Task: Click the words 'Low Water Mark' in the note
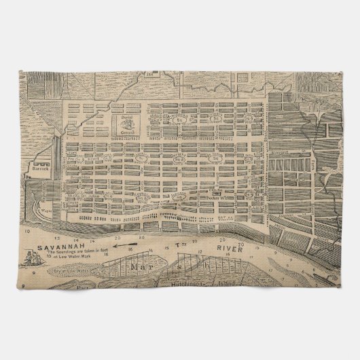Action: [68, 259]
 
